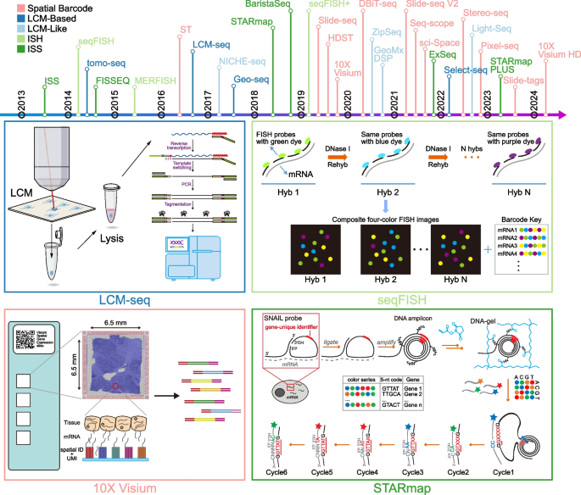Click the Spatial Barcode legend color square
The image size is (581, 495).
click(6, 7)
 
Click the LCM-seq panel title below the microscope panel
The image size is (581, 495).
click(125, 275)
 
